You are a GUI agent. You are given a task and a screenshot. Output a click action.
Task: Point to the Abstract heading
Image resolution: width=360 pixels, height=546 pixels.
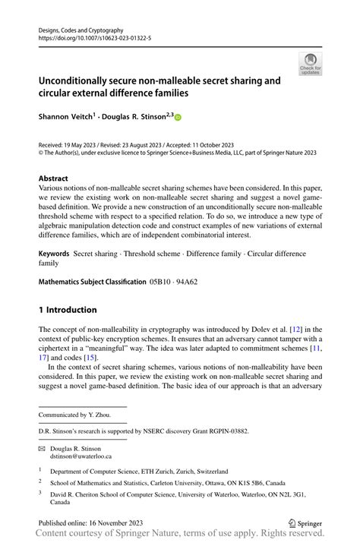[56, 179]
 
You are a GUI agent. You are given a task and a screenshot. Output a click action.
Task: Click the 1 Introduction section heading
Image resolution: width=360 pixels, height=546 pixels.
[68, 310]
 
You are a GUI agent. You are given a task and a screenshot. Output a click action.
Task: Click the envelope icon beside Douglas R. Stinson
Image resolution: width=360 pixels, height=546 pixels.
[43, 449]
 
